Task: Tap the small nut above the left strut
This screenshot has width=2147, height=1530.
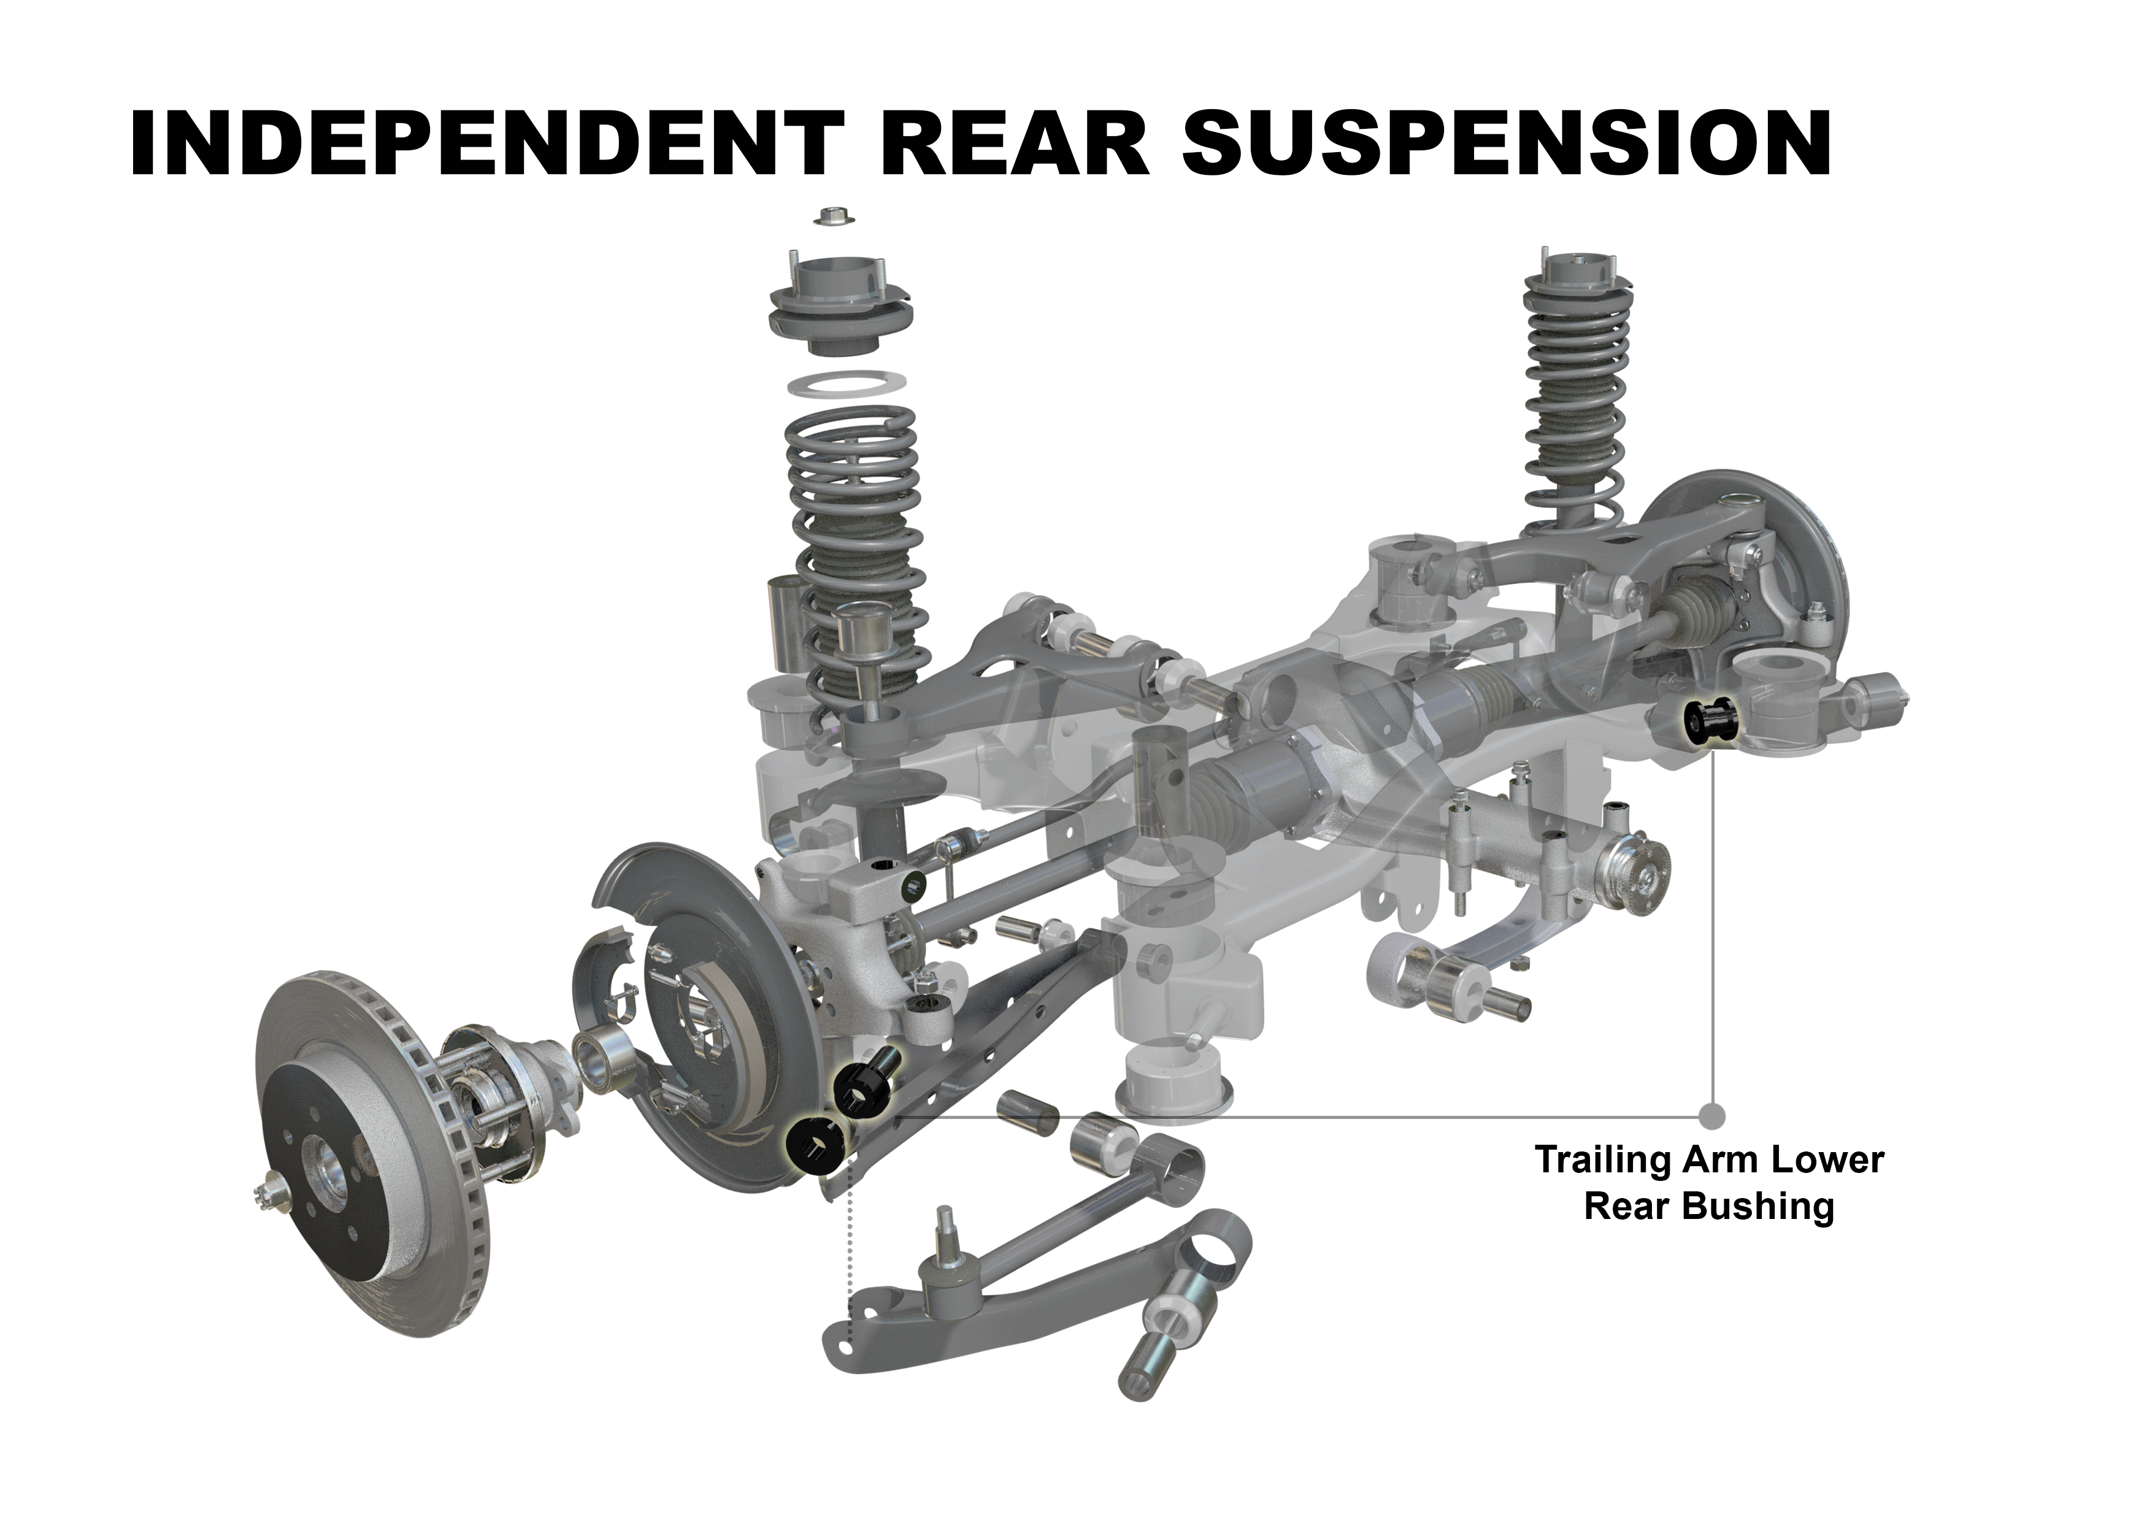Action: click(833, 215)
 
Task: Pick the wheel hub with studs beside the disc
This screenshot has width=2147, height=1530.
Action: click(490, 1102)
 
